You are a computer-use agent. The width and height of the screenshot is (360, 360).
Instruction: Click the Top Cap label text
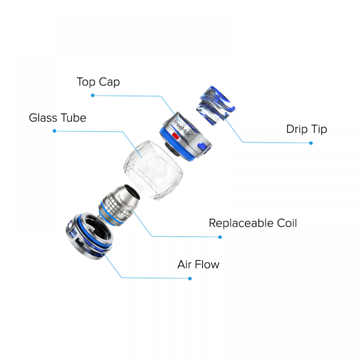pyautogui.click(x=98, y=82)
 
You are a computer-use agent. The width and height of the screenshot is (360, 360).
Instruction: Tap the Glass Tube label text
pyautogui.click(x=57, y=118)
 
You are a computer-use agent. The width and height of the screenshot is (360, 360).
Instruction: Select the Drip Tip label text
pyautogui.click(x=306, y=129)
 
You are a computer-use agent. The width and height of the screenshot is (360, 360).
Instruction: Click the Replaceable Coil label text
pyautogui.click(x=253, y=223)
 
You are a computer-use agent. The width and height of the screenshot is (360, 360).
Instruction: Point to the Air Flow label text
pyautogui.click(x=198, y=265)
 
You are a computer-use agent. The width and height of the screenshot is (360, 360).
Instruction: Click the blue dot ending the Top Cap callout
pyautogui.click(x=93, y=95)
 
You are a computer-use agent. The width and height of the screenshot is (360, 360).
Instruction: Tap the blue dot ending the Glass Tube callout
pyautogui.click(x=54, y=131)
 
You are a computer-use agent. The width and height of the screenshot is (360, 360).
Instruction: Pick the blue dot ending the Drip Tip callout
pyautogui.click(x=311, y=143)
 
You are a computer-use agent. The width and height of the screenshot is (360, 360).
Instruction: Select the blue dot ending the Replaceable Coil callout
pyautogui.click(x=220, y=237)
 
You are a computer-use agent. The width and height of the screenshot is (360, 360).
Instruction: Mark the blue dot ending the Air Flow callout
pyautogui.click(x=190, y=279)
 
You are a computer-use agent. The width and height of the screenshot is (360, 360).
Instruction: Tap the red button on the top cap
pyautogui.click(x=176, y=136)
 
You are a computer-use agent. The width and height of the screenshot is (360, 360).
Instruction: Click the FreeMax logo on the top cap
pyautogui.click(x=183, y=128)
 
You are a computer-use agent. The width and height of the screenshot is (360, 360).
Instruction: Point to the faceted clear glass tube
pyautogui.click(x=153, y=170)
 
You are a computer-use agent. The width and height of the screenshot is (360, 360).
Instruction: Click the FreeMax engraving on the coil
pyautogui.click(x=124, y=201)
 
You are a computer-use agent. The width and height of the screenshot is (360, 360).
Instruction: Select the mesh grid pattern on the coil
pyautogui.click(x=112, y=207)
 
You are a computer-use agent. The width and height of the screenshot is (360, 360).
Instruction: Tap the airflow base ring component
pyautogui.click(x=89, y=236)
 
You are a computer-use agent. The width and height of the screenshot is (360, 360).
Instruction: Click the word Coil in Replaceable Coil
pyautogui.click(x=287, y=223)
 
